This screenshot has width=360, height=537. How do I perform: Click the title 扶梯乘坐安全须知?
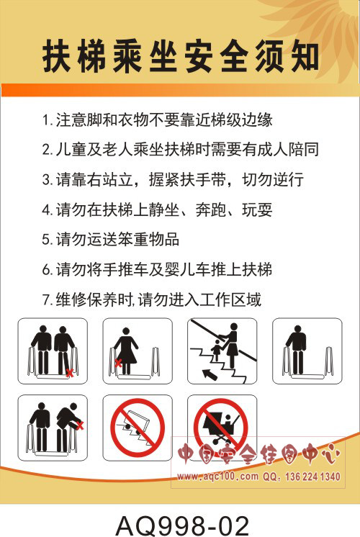pos(181,56)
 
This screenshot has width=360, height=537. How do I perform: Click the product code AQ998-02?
pos(183,525)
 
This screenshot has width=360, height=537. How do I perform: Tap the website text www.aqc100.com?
pos(218,476)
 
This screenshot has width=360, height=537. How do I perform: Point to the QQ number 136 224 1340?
pos(312,477)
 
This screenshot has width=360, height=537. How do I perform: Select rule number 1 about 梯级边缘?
pos(157,119)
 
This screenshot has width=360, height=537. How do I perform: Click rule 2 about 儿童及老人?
pos(181,149)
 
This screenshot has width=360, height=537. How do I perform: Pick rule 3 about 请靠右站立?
pos(173,179)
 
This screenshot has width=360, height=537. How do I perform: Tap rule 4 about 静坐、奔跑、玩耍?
pos(157,209)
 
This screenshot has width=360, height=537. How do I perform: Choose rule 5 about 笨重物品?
pos(111,240)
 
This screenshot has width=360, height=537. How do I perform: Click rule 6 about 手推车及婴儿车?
pos(157,269)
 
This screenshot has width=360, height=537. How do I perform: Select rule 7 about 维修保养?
pos(152,299)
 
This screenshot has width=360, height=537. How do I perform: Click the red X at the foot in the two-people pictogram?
pos(70,373)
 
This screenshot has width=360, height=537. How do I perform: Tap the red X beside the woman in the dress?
pos(118,363)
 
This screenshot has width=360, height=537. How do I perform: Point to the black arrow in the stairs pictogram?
pos(210,374)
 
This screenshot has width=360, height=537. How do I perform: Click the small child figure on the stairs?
pos(217,350)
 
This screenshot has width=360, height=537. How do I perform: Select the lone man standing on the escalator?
pos(297,349)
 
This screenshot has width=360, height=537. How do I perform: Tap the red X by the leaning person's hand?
pos(80,425)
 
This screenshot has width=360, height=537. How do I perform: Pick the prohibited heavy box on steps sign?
pos(138,425)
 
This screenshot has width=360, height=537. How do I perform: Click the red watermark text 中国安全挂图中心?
pos(258,454)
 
